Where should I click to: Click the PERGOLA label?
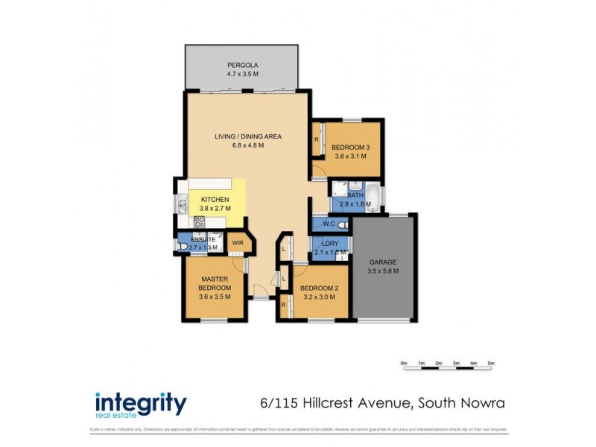point(243,66)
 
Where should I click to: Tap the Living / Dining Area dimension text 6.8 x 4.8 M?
point(243,145)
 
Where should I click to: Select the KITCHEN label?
point(215,200)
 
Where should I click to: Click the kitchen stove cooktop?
point(199,221)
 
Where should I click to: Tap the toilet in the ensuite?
point(183,247)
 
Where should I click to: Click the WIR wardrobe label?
point(238,243)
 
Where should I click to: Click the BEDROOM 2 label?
point(320,288)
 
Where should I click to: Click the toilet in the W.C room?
point(342,223)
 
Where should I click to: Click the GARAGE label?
point(383,262)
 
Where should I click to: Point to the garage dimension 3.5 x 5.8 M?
point(383,271)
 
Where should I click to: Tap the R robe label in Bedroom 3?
point(317,139)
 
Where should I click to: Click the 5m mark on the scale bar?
point(491,364)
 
